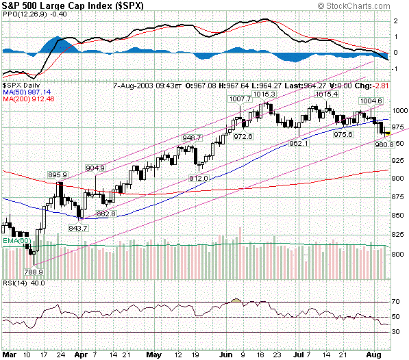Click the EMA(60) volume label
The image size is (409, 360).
click(x=15, y=242)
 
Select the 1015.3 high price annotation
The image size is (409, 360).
click(x=263, y=94)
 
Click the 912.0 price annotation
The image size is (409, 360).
click(x=199, y=178)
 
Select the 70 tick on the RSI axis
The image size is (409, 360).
click(x=396, y=301)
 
